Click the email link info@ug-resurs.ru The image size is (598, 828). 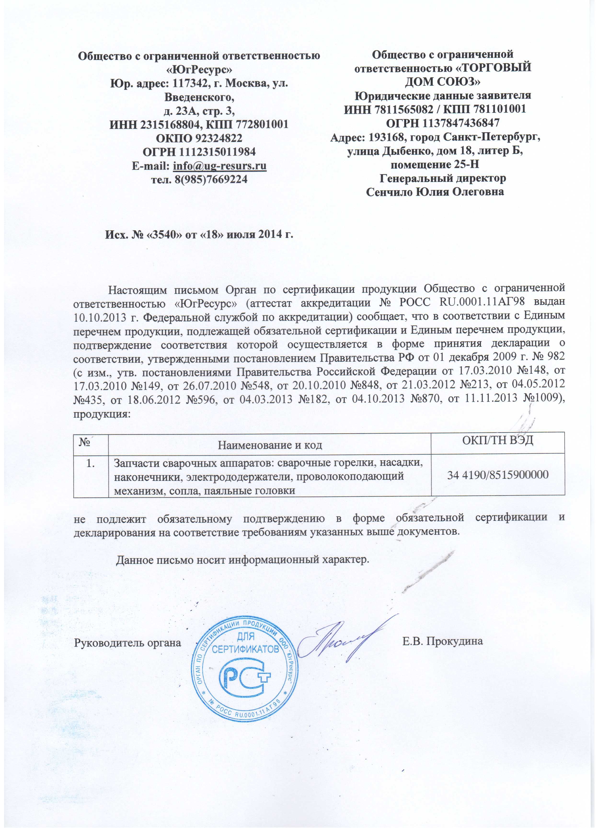pos(219,166)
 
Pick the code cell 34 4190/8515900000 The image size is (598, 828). pos(498,475)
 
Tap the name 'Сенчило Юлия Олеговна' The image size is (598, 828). pos(435,192)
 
